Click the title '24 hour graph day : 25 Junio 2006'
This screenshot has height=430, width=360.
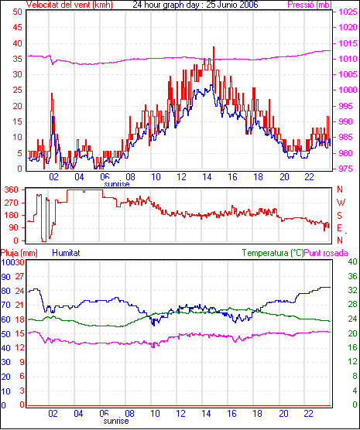[x=195, y=5]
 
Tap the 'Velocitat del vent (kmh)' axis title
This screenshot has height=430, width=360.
[x=69, y=5]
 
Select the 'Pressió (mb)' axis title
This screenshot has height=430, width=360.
[x=310, y=5]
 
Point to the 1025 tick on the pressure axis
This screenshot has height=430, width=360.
[x=348, y=12]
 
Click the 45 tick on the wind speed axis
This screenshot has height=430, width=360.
[x=17, y=27]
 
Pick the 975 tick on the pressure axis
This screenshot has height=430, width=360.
[x=345, y=169]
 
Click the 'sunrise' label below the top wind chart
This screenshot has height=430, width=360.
[x=117, y=184]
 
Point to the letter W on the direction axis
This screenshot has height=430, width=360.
[x=341, y=203]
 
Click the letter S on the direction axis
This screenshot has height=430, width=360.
[x=339, y=216]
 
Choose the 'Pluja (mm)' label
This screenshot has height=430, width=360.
[x=19, y=253]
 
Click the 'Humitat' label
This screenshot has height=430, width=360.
[x=66, y=253]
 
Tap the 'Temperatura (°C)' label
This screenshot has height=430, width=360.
[x=273, y=253]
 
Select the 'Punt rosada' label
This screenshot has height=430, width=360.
[x=326, y=253]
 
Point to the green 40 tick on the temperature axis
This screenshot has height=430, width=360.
[x=352, y=261]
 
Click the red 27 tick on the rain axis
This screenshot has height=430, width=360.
[x=19, y=276]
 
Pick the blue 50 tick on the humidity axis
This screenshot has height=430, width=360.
[x=5, y=334]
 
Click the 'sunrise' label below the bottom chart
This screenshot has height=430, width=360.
[x=116, y=421]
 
